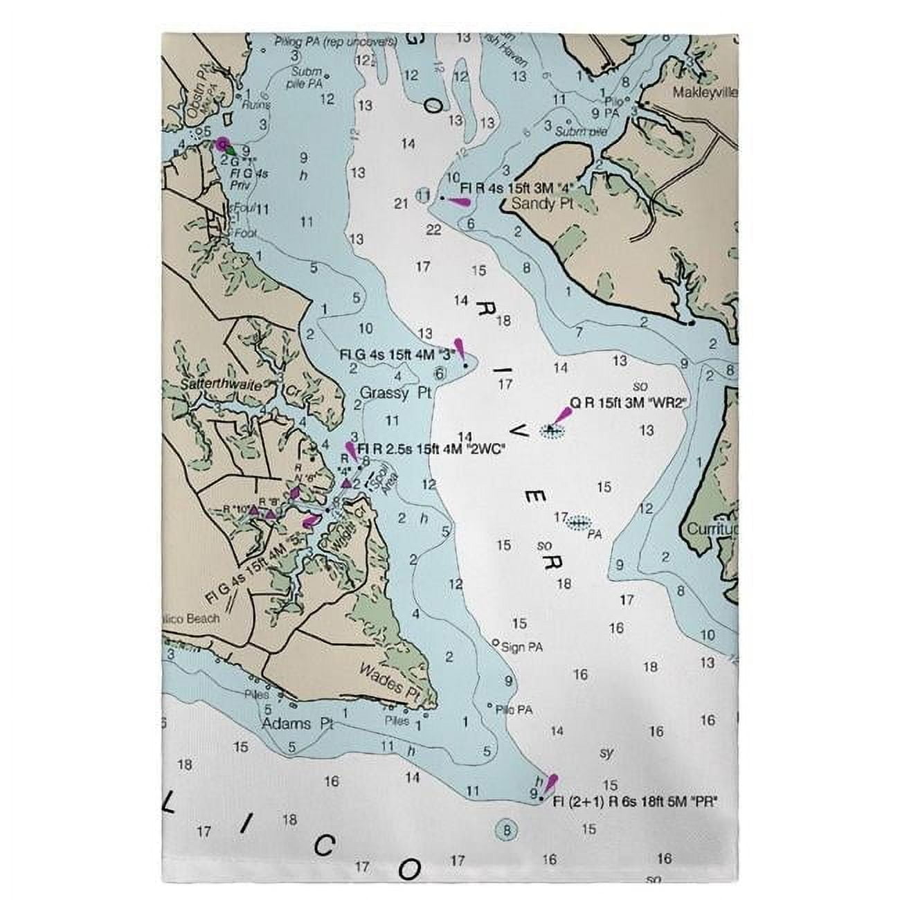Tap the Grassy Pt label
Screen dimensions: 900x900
tap(395, 393)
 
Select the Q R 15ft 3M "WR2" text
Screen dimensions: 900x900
tap(627, 402)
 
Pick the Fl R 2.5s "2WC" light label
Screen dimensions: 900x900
tap(431, 449)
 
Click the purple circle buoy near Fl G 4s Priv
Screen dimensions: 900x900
tap(222, 144)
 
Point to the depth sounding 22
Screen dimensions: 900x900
tap(433, 231)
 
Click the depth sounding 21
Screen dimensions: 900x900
tap(400, 203)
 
